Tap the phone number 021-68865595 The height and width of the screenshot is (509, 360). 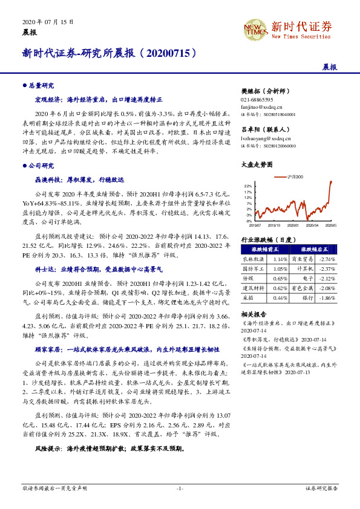[258, 99]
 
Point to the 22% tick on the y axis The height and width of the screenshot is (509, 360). [247, 186]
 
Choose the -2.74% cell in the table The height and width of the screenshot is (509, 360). [326, 259]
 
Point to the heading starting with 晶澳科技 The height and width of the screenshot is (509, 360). [79, 180]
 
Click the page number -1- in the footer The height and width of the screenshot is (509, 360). [180, 488]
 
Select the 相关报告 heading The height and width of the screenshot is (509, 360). [254, 315]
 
